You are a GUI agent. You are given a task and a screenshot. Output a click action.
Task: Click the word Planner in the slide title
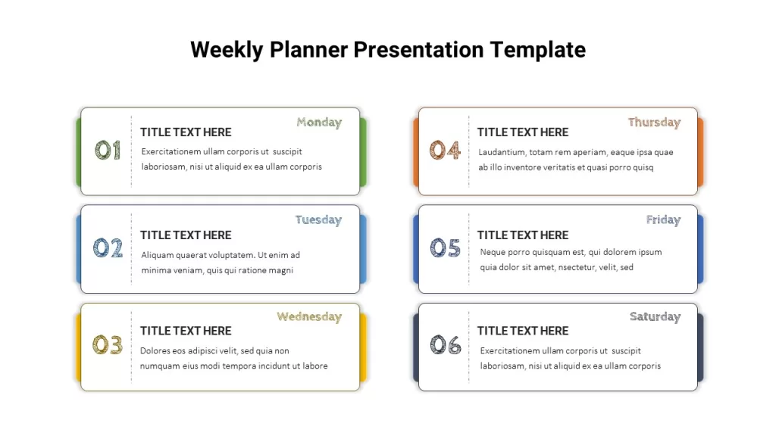pyautogui.click(x=309, y=51)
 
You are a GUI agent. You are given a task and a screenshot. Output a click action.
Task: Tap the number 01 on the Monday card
pyautogui.click(x=108, y=150)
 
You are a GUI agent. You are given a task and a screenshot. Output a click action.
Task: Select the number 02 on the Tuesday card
pyautogui.click(x=108, y=248)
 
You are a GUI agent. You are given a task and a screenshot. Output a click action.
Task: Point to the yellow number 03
pyautogui.click(x=108, y=344)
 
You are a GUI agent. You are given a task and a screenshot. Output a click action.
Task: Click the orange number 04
pyautogui.click(x=445, y=150)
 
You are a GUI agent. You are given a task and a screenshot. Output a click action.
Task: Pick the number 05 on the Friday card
pyautogui.click(x=446, y=248)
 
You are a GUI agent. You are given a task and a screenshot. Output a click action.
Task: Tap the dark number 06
pyautogui.click(x=446, y=344)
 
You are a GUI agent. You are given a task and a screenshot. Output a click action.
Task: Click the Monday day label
pyautogui.click(x=319, y=122)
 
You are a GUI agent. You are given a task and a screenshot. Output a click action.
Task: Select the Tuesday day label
pyautogui.click(x=319, y=220)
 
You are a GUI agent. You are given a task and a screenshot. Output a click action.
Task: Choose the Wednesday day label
pyautogui.click(x=309, y=316)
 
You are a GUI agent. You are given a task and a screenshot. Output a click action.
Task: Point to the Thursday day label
pyautogui.click(x=654, y=122)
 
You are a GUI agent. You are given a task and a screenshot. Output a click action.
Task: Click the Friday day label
pyautogui.click(x=663, y=220)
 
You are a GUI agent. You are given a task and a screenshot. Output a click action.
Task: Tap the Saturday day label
pyautogui.click(x=656, y=316)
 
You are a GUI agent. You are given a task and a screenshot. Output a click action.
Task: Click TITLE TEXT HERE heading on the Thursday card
pyautogui.click(x=523, y=132)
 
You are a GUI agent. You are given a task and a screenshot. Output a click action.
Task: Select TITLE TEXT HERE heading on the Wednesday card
pyautogui.click(x=186, y=331)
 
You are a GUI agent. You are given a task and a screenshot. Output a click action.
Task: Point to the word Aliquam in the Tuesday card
pyautogui.click(x=156, y=256)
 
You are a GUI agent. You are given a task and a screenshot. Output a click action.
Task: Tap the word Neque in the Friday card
pyautogui.click(x=493, y=253)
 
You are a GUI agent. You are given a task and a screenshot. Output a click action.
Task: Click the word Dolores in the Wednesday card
pyautogui.click(x=155, y=351)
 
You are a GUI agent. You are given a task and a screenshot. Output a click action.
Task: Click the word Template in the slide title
pyautogui.click(x=538, y=51)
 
